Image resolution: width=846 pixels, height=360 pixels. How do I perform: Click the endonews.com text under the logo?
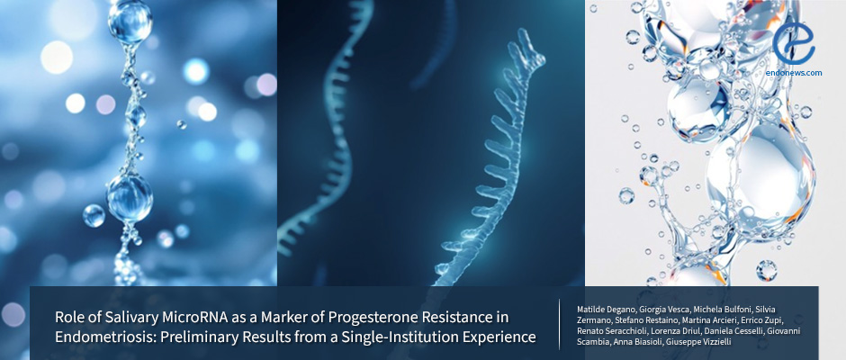point(794,72)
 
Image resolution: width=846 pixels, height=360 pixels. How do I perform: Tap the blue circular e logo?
point(793,43)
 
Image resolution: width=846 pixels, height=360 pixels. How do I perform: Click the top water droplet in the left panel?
point(130,21)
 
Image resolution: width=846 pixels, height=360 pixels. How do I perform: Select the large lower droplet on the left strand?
point(130,197)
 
